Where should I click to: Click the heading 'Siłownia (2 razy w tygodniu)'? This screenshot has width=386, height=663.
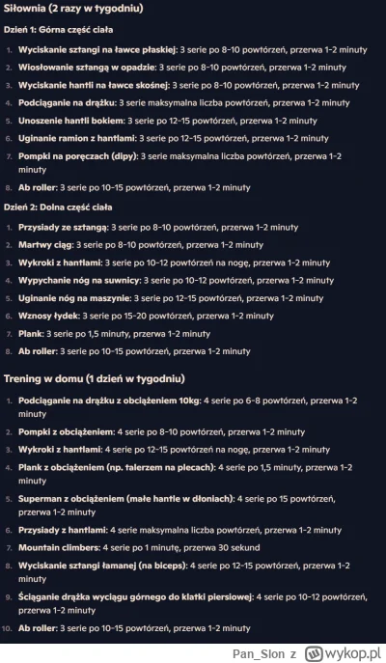pyautogui.click(x=73, y=9)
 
